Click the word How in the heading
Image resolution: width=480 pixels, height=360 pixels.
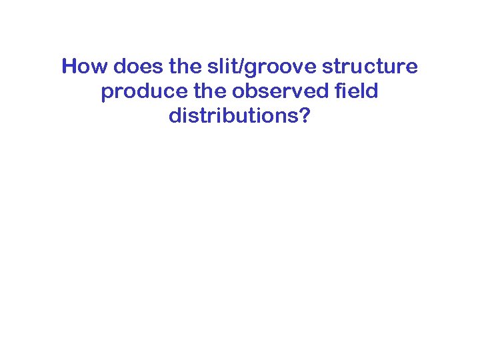click(85, 67)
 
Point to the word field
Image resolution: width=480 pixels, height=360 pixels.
click(358, 91)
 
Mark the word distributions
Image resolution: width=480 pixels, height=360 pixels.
click(231, 115)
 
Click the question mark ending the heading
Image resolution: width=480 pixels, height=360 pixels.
click(305, 115)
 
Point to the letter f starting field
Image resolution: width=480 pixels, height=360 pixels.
click(343, 91)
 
